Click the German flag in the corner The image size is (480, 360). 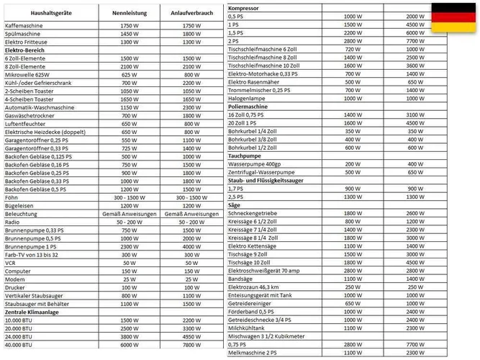454,18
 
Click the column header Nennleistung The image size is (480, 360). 130,13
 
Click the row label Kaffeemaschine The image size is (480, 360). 24,25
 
